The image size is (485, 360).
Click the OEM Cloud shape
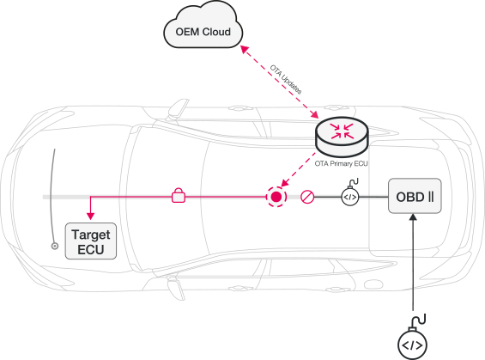pyautogui.click(x=203, y=25)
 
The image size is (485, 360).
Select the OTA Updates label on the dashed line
pyautogui.click(x=286, y=79)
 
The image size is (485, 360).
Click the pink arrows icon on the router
pyautogui.click(x=342, y=131)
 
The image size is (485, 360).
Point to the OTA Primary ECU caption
pyautogui.click(x=341, y=163)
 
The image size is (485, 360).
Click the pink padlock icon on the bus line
pyautogui.click(x=179, y=195)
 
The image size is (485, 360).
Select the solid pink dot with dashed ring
pyautogui.click(x=276, y=197)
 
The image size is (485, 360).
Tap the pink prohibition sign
pyautogui.click(x=307, y=197)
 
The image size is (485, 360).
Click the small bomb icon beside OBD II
pyautogui.click(x=350, y=193)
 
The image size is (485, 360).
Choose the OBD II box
pyautogui.click(x=415, y=196)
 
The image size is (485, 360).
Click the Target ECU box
pyautogui.click(x=91, y=241)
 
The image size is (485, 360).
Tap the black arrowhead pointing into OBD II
pyautogui.click(x=413, y=217)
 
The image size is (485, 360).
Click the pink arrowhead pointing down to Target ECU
pyautogui.click(x=90, y=216)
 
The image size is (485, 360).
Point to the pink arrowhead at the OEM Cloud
pyautogui.click(x=245, y=50)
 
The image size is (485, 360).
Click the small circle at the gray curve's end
pyautogui.click(x=55, y=246)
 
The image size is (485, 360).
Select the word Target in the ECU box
pyautogui.click(x=91, y=235)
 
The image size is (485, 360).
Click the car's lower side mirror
pyautogui.click(x=176, y=288)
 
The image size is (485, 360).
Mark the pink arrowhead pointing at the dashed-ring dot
pyautogui.click(x=285, y=183)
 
